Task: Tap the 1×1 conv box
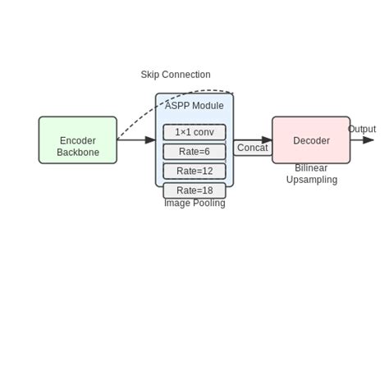[194, 132]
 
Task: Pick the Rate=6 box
[194, 152]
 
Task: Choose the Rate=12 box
[194, 171]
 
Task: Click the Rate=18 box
[194, 190]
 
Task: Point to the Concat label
[252, 148]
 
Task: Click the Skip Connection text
[176, 75]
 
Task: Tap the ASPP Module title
[194, 106]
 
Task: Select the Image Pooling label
[194, 203]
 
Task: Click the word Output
[362, 129]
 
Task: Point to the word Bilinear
[312, 168]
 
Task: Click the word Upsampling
[312, 180]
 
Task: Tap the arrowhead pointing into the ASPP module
[150, 140]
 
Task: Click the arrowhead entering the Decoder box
[267, 140]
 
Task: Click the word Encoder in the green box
[78, 141]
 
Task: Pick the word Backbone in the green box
[78, 153]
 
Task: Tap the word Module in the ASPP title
[208, 106]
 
